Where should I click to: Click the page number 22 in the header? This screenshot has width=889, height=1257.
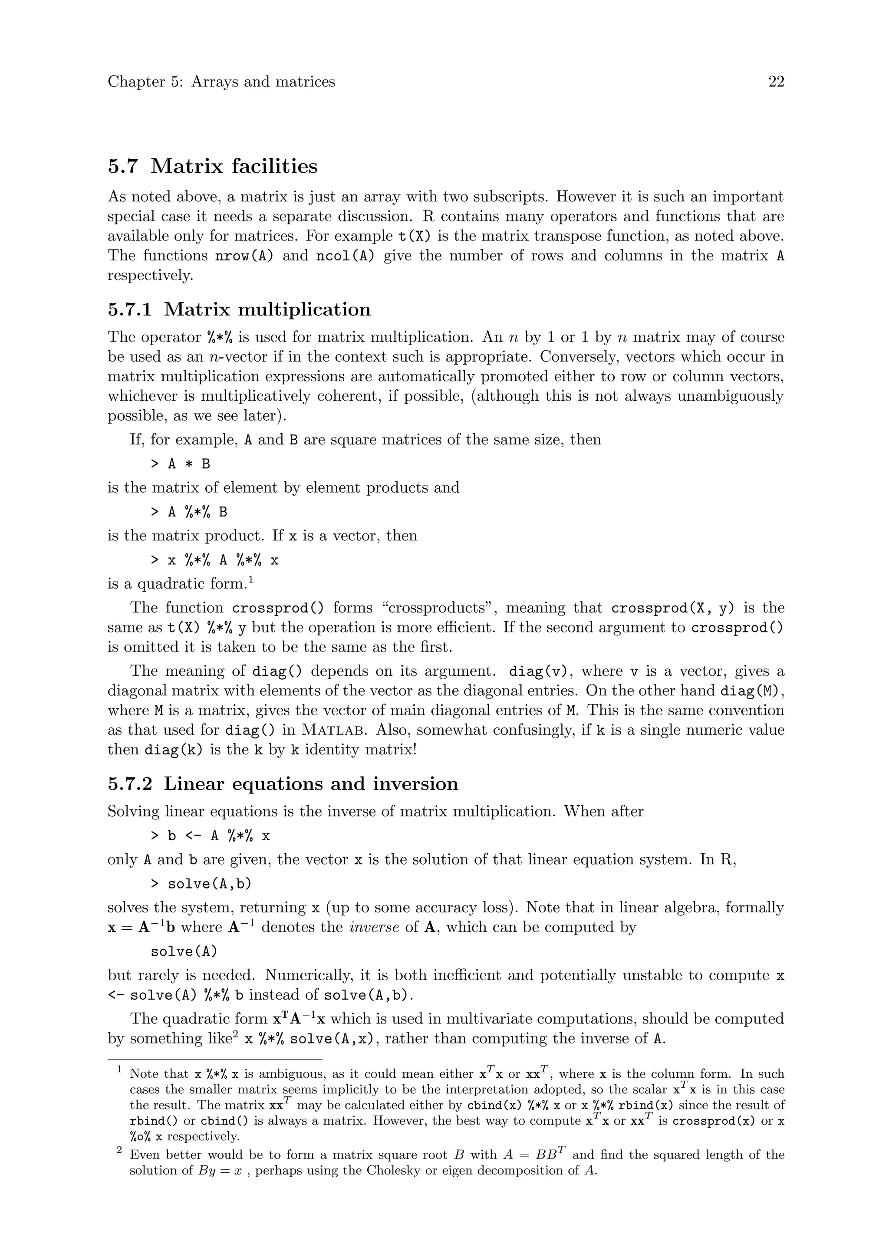coord(776,82)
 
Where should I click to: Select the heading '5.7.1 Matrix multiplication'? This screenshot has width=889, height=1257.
coord(239,309)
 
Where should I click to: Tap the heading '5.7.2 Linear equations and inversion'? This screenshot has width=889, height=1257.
coord(283,783)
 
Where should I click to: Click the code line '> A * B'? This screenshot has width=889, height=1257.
coord(180,464)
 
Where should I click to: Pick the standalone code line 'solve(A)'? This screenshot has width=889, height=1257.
coord(184,951)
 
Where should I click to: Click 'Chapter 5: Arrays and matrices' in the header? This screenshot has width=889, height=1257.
coord(221,82)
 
